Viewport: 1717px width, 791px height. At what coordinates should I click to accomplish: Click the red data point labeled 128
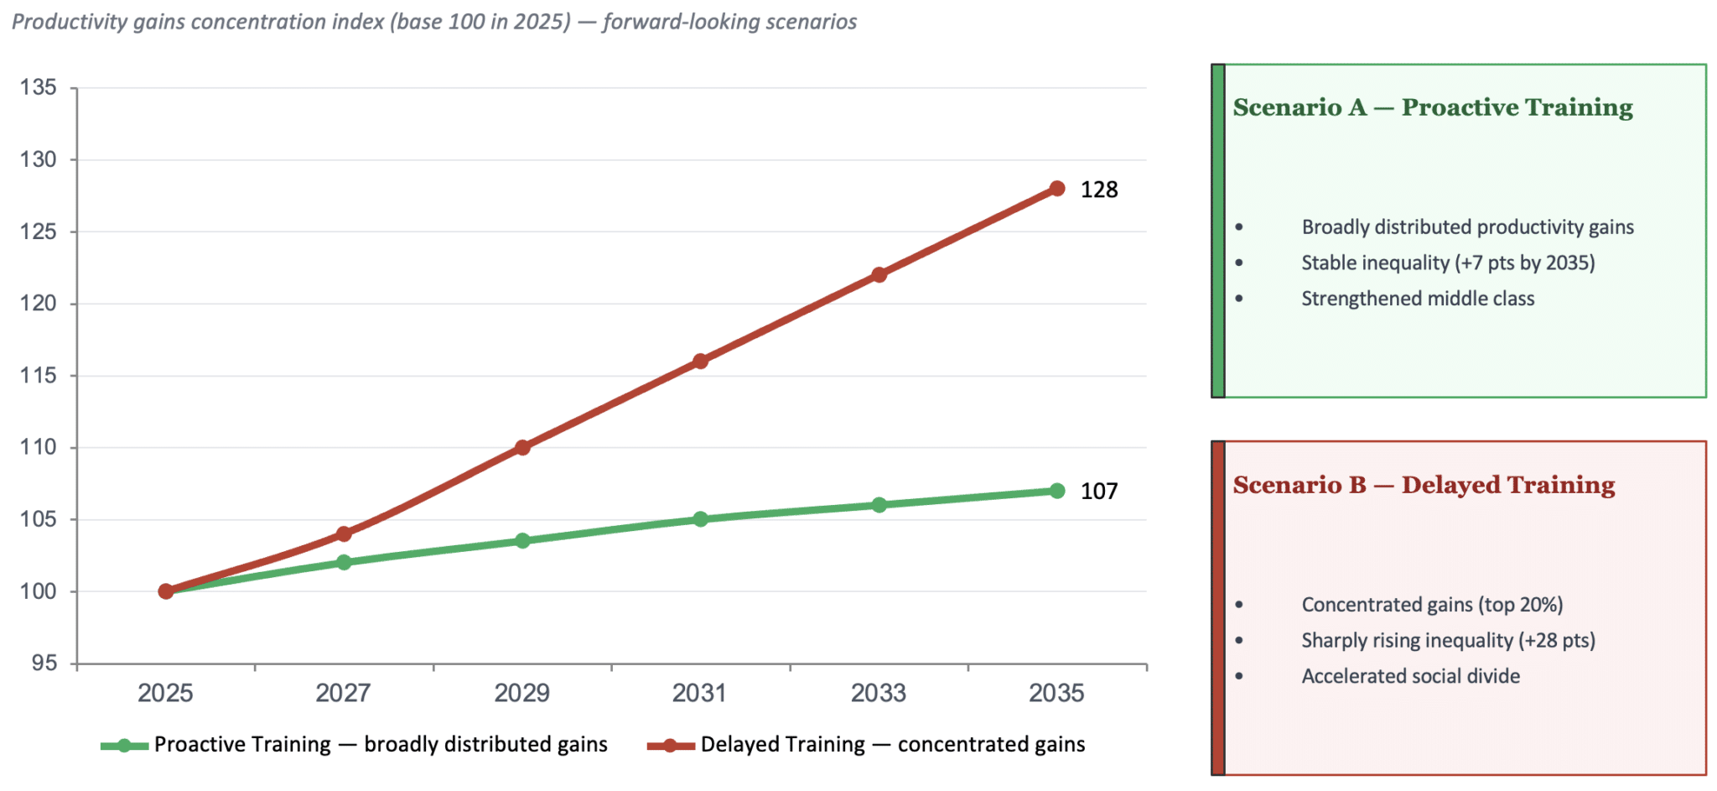[x=1057, y=189]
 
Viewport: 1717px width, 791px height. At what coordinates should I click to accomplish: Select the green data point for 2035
[x=1057, y=491]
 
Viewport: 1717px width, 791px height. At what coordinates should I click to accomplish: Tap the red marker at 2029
[x=522, y=447]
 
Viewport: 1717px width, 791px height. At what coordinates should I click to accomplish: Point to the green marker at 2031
[x=701, y=519]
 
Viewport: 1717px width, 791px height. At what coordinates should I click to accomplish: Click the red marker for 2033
[x=879, y=274]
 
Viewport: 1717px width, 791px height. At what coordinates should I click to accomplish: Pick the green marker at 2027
[x=344, y=562]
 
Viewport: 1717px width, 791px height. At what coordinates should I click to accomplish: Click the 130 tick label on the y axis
[x=39, y=159]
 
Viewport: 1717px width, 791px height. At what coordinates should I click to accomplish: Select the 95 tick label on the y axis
[x=44, y=664]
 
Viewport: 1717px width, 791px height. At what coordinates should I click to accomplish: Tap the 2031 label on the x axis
[x=700, y=693]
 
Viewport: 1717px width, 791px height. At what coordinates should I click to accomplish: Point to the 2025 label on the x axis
[x=165, y=693]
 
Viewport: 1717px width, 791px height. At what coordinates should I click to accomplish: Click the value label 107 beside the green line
[x=1099, y=491]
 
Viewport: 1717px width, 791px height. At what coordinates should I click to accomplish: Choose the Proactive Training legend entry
[x=355, y=744]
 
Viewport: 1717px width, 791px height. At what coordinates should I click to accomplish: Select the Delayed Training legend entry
[x=867, y=744]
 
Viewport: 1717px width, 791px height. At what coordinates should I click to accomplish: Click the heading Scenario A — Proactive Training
[x=1433, y=107]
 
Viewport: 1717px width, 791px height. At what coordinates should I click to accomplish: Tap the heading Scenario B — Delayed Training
[x=1424, y=485]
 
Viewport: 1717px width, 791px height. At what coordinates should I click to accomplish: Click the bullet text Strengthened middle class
[x=1418, y=299]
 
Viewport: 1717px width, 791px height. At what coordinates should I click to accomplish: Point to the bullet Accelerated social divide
[x=1410, y=676]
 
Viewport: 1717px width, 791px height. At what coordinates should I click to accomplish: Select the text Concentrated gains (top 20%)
[x=1432, y=605]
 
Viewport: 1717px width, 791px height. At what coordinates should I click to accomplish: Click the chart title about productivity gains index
[x=434, y=22]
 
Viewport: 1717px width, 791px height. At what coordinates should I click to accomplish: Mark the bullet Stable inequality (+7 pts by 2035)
[x=1448, y=263]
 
